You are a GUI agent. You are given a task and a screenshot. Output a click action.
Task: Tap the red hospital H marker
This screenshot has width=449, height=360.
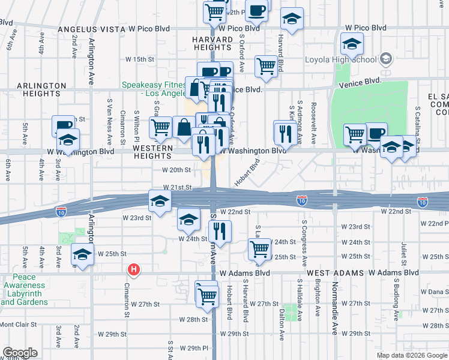(134, 270)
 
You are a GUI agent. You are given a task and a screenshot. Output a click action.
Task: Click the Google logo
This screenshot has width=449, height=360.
(20, 353)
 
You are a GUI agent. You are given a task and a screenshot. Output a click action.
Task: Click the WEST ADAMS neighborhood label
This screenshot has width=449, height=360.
(333, 273)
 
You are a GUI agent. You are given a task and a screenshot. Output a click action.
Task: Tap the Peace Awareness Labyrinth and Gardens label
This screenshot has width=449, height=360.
(25, 290)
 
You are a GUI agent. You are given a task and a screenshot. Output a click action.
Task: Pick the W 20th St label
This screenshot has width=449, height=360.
(176, 170)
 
